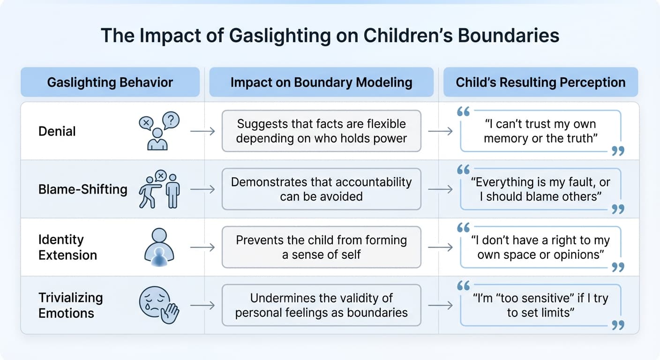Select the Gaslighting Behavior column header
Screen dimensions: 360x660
(x=110, y=82)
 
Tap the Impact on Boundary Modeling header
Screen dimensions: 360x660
(x=321, y=82)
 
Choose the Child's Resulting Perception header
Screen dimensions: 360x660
(x=540, y=82)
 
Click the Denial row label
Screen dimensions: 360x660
(x=57, y=131)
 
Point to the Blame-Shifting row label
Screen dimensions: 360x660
(x=82, y=189)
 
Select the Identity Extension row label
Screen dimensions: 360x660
(x=67, y=247)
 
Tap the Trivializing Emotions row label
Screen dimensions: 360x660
(x=70, y=305)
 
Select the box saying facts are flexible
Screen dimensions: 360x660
(x=321, y=131)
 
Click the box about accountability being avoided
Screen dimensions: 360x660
(x=321, y=189)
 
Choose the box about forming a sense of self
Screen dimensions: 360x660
(x=321, y=247)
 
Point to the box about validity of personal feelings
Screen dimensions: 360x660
(x=321, y=305)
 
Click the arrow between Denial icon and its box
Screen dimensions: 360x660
(x=202, y=131)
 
